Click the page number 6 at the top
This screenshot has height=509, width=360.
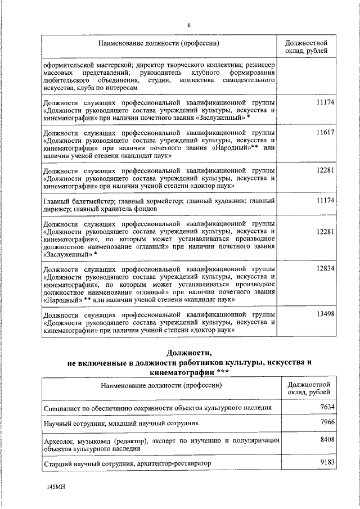(189, 25)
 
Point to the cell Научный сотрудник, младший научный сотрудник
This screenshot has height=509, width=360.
(120, 422)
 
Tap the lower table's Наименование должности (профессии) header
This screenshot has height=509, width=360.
(161, 385)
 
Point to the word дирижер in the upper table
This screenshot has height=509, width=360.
(58, 209)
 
